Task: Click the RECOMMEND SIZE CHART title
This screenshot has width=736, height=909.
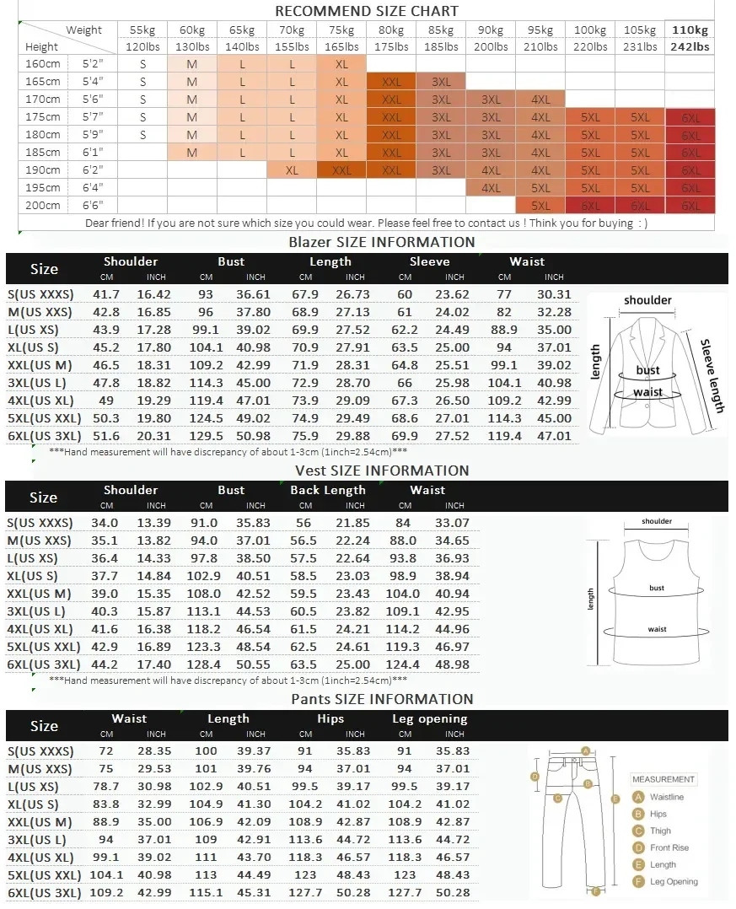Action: pos(367,11)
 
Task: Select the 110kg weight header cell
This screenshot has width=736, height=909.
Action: pos(690,30)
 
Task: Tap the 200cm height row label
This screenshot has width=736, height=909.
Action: pos(43,206)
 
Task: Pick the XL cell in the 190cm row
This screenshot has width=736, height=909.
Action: pos(293,170)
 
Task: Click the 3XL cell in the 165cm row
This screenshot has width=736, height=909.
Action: pos(442,82)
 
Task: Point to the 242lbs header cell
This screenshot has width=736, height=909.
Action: pos(690,46)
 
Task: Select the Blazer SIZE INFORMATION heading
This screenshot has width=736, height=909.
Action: pos(382,242)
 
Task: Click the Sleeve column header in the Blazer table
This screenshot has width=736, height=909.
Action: pos(430,261)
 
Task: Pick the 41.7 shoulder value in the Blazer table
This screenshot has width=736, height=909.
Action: pos(106,294)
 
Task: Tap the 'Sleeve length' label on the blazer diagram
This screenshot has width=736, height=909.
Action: pos(712,375)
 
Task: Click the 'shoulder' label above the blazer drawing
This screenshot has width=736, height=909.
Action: pos(647,300)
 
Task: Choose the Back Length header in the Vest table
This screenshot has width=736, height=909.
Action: pos(328,490)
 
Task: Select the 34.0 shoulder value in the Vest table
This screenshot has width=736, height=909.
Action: pos(106,523)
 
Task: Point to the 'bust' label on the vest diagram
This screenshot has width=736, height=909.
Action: pos(657,588)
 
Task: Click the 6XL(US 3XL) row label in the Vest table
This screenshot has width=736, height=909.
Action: pos(44,664)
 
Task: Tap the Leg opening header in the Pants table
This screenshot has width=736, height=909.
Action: pos(430,719)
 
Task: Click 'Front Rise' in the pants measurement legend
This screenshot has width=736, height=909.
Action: pos(669,847)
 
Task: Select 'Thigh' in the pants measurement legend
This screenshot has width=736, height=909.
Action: pos(661,831)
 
